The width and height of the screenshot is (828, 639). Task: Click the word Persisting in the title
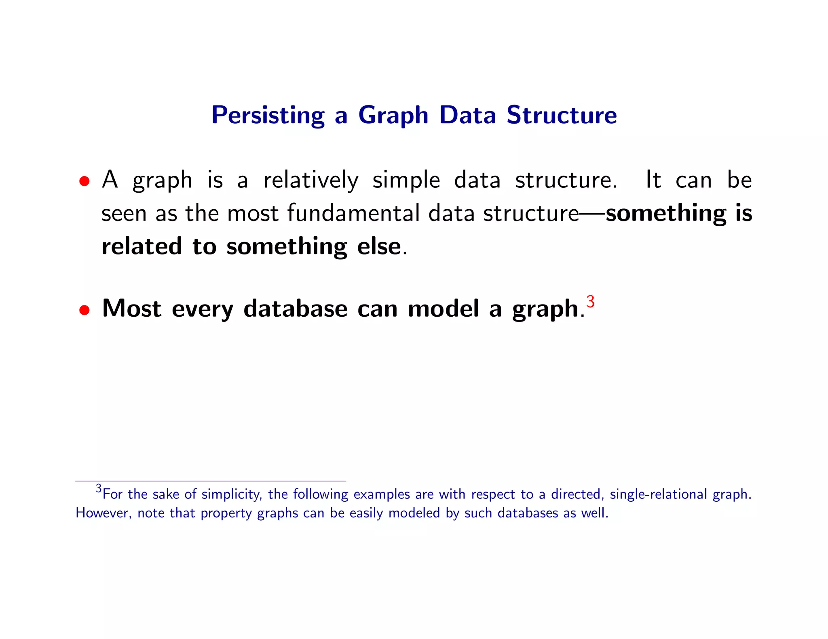[x=268, y=115]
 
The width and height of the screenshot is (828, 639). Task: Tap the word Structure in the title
[x=562, y=115]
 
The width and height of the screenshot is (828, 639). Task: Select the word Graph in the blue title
[x=393, y=115]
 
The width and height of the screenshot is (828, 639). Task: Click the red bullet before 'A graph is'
[x=84, y=181]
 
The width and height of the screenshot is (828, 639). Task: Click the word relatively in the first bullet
[x=310, y=180]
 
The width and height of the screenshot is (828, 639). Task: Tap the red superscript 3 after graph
[x=590, y=301]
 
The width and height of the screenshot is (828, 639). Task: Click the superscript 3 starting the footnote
[x=99, y=488]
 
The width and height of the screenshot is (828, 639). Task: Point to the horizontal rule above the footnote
[x=210, y=481]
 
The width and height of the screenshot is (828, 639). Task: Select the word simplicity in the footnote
[x=231, y=494]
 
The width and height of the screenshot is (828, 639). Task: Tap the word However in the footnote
[x=103, y=513]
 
